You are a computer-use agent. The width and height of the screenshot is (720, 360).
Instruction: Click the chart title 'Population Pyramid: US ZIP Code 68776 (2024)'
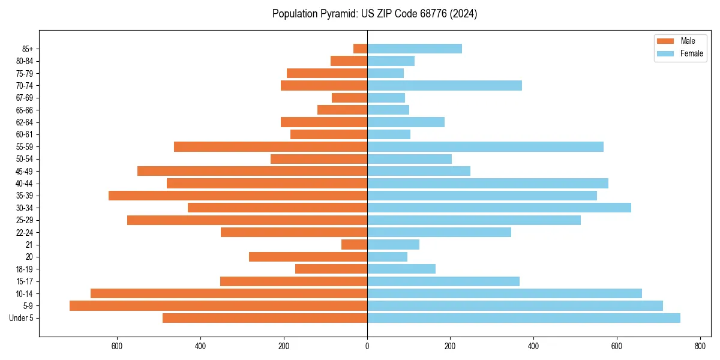click(374, 14)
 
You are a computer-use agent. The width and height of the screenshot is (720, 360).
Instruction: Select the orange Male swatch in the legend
click(665, 41)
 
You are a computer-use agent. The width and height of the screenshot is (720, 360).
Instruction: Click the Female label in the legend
click(692, 53)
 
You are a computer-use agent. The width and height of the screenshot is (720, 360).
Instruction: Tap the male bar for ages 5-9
click(218, 306)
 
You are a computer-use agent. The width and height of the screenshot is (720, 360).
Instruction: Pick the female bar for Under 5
click(524, 318)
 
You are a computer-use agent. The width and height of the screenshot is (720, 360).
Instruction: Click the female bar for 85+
click(415, 49)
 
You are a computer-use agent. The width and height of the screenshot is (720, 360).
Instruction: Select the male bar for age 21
click(354, 245)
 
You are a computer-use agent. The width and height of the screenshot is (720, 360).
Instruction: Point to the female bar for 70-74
click(445, 86)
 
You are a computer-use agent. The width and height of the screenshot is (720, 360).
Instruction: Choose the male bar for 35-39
click(238, 196)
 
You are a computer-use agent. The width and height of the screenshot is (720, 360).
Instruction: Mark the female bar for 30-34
click(499, 208)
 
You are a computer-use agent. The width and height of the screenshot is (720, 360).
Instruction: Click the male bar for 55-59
click(271, 147)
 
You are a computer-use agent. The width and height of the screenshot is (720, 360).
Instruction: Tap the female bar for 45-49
click(419, 171)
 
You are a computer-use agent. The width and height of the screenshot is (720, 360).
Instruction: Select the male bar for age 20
click(308, 257)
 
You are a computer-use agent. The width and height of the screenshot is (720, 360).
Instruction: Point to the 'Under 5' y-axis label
click(22, 318)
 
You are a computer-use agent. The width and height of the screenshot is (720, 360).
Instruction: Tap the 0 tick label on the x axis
click(367, 346)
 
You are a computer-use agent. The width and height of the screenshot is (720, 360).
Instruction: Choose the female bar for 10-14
click(505, 293)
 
